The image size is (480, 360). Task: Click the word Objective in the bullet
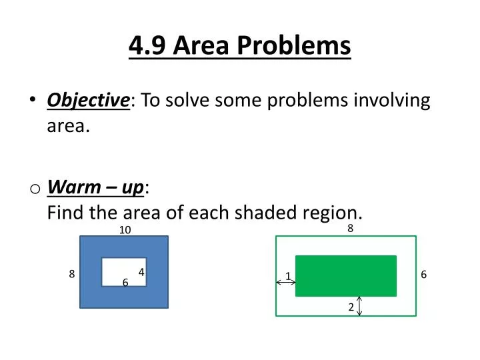click(x=88, y=101)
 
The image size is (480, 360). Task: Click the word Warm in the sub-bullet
click(x=71, y=189)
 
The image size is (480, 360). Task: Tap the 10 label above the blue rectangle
click(x=125, y=230)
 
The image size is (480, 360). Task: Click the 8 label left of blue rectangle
click(x=71, y=274)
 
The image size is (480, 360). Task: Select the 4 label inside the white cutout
click(x=141, y=271)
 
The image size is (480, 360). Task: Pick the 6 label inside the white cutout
click(x=125, y=283)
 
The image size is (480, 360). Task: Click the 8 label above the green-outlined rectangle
click(x=350, y=228)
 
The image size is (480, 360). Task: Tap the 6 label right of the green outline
click(x=423, y=275)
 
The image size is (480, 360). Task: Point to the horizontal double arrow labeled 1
click(x=286, y=283)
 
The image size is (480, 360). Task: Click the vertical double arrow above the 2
click(x=360, y=306)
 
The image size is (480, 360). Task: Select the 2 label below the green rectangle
click(x=350, y=307)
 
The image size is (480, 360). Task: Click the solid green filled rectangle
click(x=345, y=275)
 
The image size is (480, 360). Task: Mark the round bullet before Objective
click(x=33, y=100)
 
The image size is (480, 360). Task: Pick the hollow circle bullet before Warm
click(x=34, y=189)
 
